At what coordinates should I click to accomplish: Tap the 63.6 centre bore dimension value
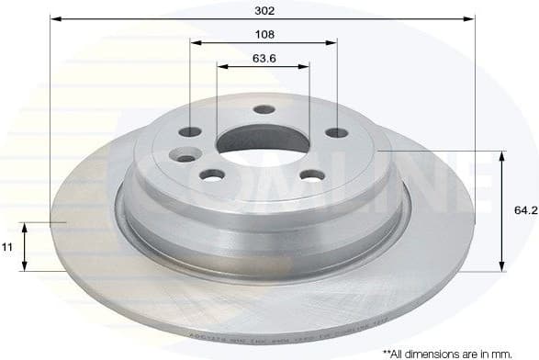264,57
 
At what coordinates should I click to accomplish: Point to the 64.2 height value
524,210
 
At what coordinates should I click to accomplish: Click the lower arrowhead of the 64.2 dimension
501,266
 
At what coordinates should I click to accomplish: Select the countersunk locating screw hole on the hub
186,156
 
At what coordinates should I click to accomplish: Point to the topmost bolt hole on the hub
264,109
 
